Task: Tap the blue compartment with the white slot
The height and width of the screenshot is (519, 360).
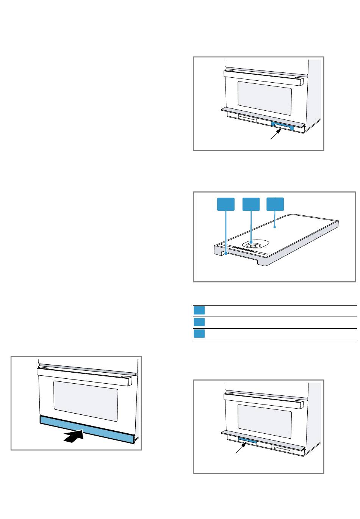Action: point(282,126)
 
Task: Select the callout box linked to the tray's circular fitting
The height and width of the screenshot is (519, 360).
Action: point(251,204)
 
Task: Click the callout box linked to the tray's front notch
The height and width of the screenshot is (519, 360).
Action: point(225,204)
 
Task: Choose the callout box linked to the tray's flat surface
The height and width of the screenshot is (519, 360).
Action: point(275,204)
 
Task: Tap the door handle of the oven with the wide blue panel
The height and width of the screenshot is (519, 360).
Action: point(86,375)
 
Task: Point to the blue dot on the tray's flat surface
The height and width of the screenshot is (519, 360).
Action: point(275,228)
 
